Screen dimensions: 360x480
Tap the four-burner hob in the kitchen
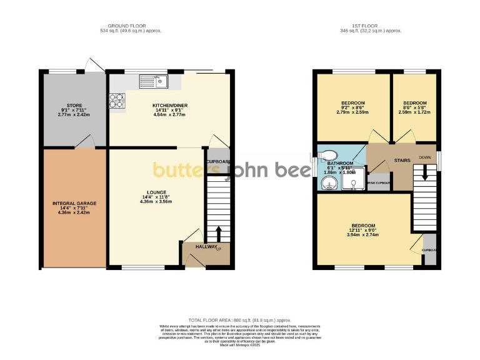[x=117, y=100]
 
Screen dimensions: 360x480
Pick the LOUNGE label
[x=156, y=192]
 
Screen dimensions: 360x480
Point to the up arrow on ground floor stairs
[x=219, y=233]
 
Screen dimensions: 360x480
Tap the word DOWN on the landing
[x=425, y=157]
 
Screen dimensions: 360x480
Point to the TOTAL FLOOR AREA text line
[x=239, y=320]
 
